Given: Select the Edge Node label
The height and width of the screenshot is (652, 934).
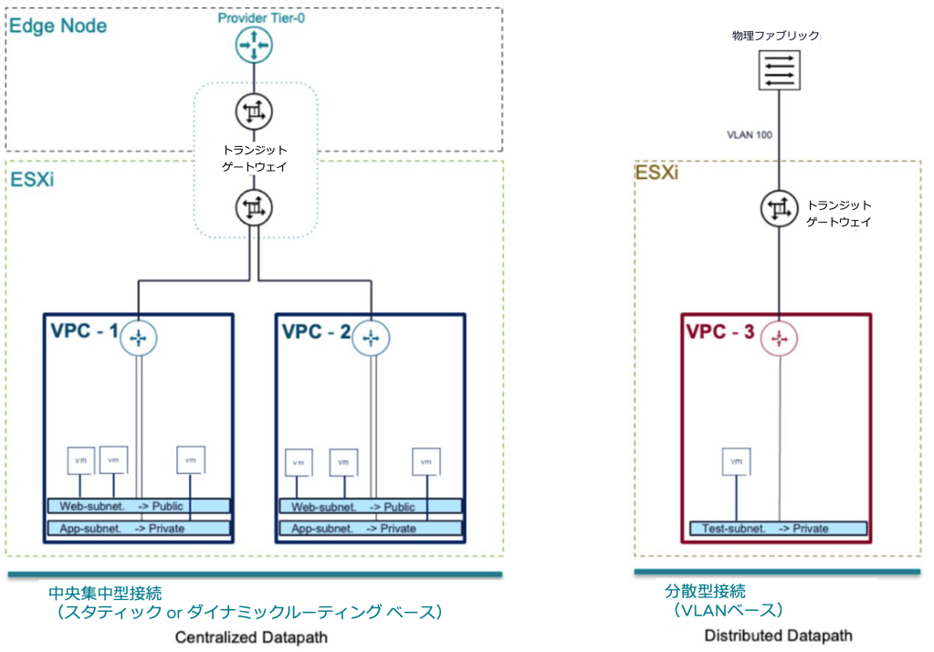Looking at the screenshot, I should pos(58,26).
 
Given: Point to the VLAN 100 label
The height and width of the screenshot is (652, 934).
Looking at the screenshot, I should pos(750,134).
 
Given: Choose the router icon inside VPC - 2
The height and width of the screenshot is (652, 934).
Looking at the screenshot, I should pos(370,337).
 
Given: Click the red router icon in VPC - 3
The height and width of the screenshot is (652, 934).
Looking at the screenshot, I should pos(778,337).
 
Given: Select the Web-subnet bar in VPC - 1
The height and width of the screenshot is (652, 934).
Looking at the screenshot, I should pos(139,506).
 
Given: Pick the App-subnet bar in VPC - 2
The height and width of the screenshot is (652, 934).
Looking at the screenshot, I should pos(369,528).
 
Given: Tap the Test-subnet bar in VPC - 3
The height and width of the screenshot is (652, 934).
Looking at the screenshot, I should pos(777,528).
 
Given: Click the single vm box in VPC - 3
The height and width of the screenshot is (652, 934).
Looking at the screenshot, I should pos(736,462).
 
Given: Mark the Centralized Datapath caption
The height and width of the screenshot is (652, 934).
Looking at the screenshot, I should pos(250,636).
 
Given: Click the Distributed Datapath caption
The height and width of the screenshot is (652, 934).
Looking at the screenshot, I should pos(778,635).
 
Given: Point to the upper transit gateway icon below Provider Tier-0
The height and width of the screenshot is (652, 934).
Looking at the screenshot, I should pos(252,113).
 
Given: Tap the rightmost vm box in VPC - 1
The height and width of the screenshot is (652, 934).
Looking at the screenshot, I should pos(190,459).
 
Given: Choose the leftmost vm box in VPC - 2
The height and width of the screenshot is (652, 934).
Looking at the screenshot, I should pos(299,462).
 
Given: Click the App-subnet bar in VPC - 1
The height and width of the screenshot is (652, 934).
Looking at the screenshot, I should pos(139,528).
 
